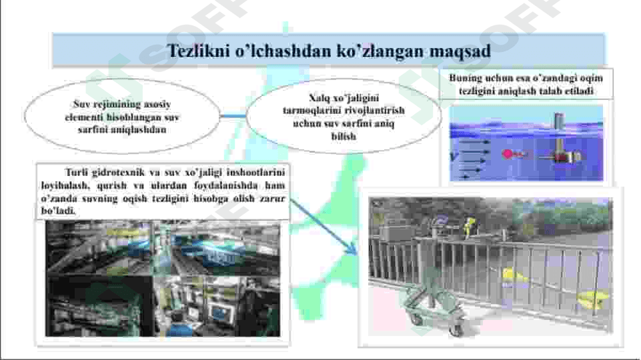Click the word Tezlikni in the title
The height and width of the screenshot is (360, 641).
[x=197, y=51]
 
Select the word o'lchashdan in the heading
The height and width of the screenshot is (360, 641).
[x=283, y=51]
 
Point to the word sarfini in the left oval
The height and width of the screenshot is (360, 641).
[x=93, y=129]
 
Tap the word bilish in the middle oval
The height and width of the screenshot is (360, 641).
[x=344, y=136]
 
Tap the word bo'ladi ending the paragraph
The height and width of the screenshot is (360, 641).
[x=58, y=211]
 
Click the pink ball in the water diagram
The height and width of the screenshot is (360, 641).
[x=508, y=154]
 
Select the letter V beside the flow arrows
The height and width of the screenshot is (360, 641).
[x=453, y=157]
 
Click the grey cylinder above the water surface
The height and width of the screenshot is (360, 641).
[x=559, y=120]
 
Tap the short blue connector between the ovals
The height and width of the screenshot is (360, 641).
[x=233, y=117]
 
